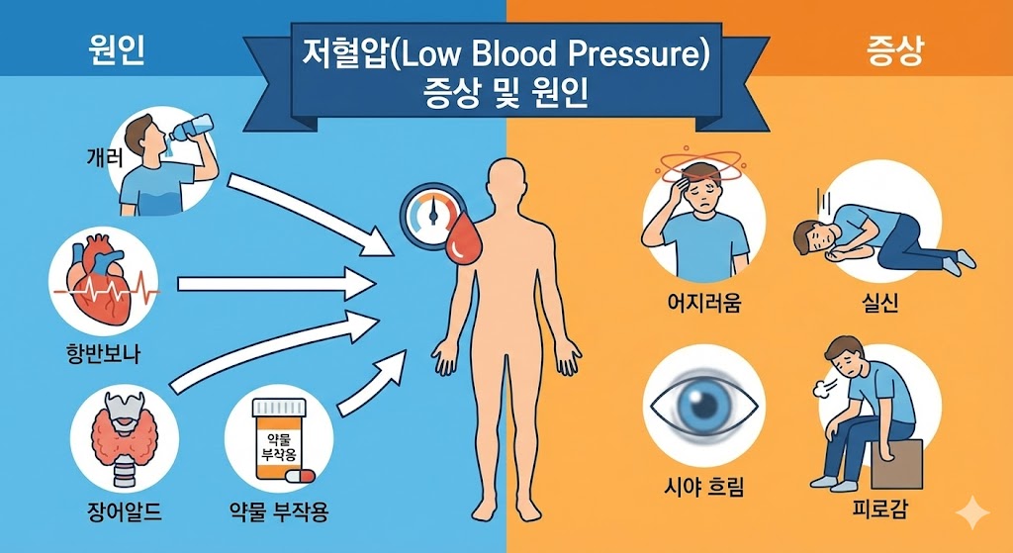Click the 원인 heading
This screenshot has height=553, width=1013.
(117, 50)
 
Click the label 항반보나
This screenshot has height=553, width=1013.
(99, 354)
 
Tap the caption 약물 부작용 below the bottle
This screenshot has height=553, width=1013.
(279, 512)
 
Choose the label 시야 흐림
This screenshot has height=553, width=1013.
(703, 488)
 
